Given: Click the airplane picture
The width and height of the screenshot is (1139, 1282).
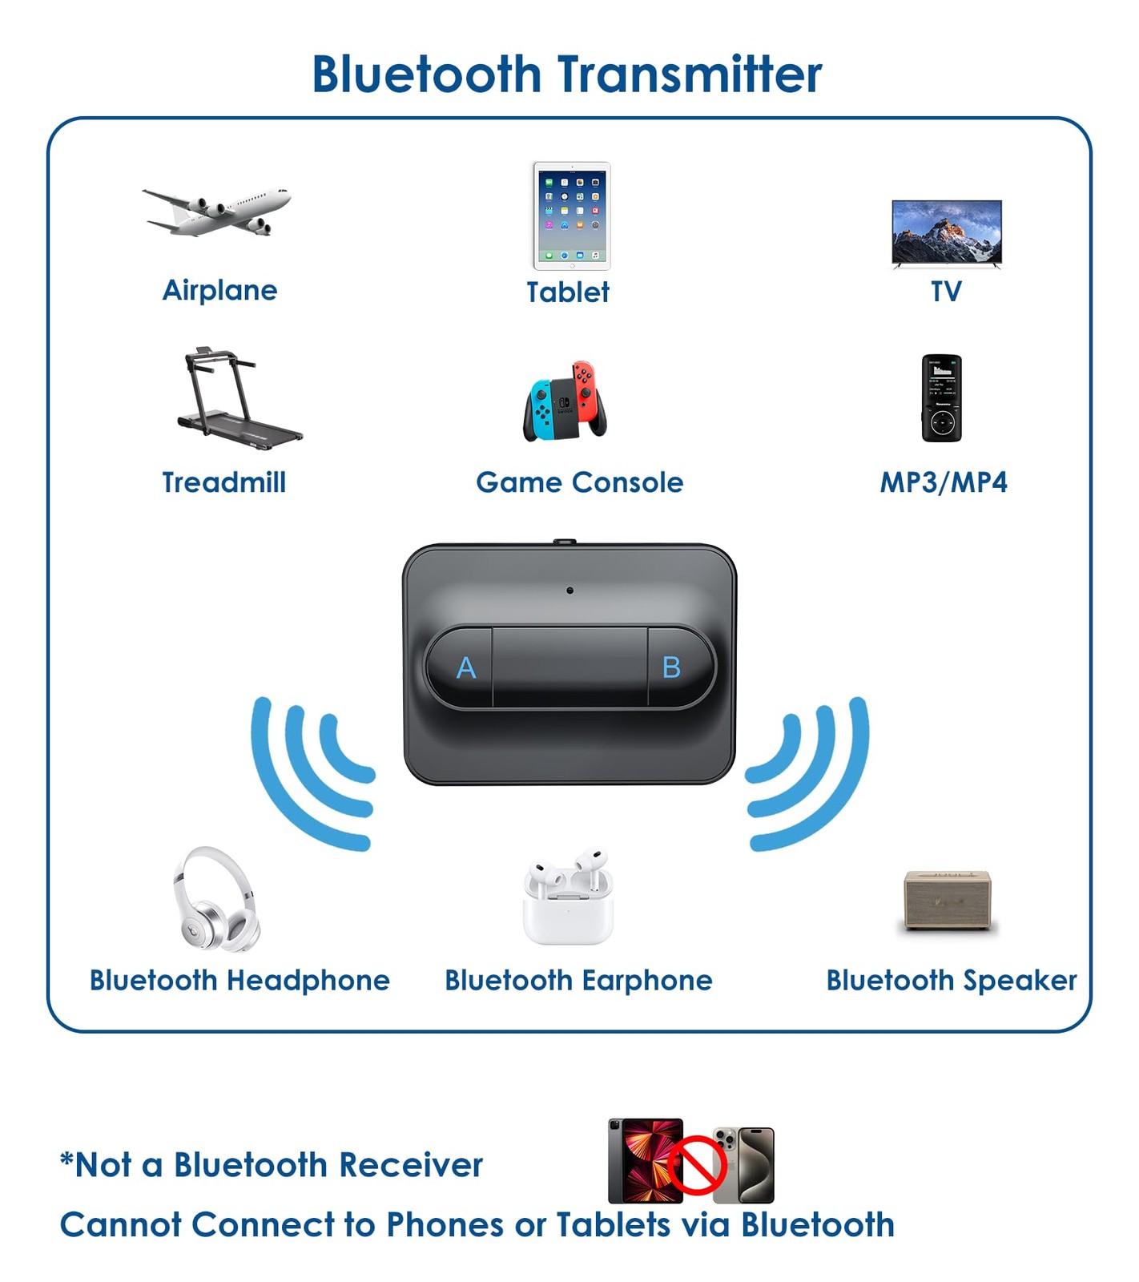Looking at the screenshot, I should (x=216, y=212).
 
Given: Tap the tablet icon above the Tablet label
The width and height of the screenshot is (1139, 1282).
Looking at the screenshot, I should (x=571, y=216).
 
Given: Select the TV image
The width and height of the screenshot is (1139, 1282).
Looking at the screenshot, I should (x=947, y=232).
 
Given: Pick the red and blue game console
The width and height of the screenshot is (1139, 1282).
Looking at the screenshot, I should (x=565, y=401).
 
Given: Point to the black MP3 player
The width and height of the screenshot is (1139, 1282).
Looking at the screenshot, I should (x=941, y=398).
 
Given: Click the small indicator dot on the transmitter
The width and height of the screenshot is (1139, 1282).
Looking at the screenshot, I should (x=569, y=591).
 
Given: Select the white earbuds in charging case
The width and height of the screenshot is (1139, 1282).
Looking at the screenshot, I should (x=568, y=897).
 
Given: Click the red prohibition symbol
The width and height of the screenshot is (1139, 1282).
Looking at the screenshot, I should (x=697, y=1164).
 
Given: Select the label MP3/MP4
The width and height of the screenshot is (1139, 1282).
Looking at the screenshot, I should (x=944, y=482).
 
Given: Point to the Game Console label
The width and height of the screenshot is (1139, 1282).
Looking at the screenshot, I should (x=579, y=482).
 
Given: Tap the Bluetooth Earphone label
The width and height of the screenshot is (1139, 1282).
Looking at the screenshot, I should (x=578, y=981).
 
